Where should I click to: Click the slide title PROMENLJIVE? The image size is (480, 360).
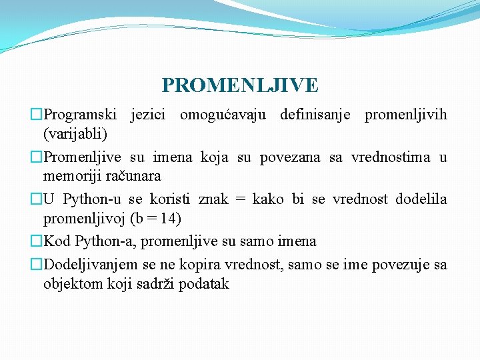tap(240, 85)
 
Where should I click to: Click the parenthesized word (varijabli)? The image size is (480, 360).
tap(75, 134)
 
